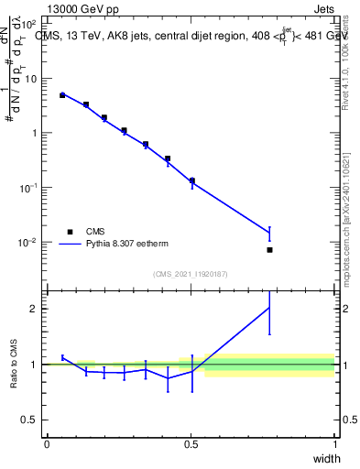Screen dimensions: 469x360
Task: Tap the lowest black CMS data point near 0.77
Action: click(269, 250)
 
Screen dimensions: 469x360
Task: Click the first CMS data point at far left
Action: click(62, 94)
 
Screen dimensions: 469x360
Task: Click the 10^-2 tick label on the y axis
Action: click(27, 243)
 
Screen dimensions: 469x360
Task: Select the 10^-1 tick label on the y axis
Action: click(27, 188)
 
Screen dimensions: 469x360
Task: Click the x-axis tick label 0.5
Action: click(191, 444)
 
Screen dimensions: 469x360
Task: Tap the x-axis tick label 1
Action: click(335, 444)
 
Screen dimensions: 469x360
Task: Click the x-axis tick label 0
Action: click(47, 444)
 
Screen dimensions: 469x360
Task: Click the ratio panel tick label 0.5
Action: click(29, 420)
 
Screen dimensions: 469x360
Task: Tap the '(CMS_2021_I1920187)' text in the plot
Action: click(191, 274)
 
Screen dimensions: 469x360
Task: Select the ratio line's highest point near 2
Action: click(269, 308)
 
